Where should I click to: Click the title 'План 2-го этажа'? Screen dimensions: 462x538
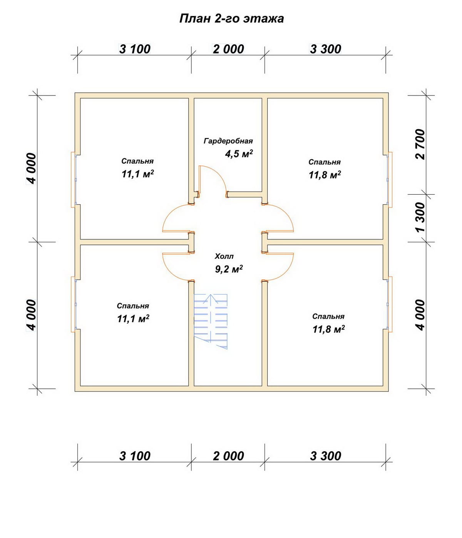coord(231,19)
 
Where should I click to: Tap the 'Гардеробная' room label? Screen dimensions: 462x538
coord(228,141)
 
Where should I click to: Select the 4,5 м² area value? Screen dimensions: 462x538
coord(239,154)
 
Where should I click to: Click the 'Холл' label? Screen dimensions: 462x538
coord(224,256)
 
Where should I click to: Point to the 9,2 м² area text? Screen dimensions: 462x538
coord(229,269)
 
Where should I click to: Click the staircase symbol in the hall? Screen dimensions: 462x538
coord(211,321)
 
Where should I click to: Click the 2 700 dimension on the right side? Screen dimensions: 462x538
coord(420,144)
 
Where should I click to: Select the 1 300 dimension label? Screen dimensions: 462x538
coord(420,217)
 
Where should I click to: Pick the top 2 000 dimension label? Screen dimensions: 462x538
coord(228,49)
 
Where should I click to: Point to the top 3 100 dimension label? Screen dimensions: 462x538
coord(135,49)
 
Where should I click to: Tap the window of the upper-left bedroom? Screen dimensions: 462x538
coord(74,180)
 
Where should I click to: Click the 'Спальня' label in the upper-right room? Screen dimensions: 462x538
coord(325,162)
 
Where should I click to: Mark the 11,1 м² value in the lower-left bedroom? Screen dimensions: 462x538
coord(133,319)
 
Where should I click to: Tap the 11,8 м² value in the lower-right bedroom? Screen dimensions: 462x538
coord(329,329)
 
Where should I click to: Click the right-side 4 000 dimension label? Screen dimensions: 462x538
coord(420,315)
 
